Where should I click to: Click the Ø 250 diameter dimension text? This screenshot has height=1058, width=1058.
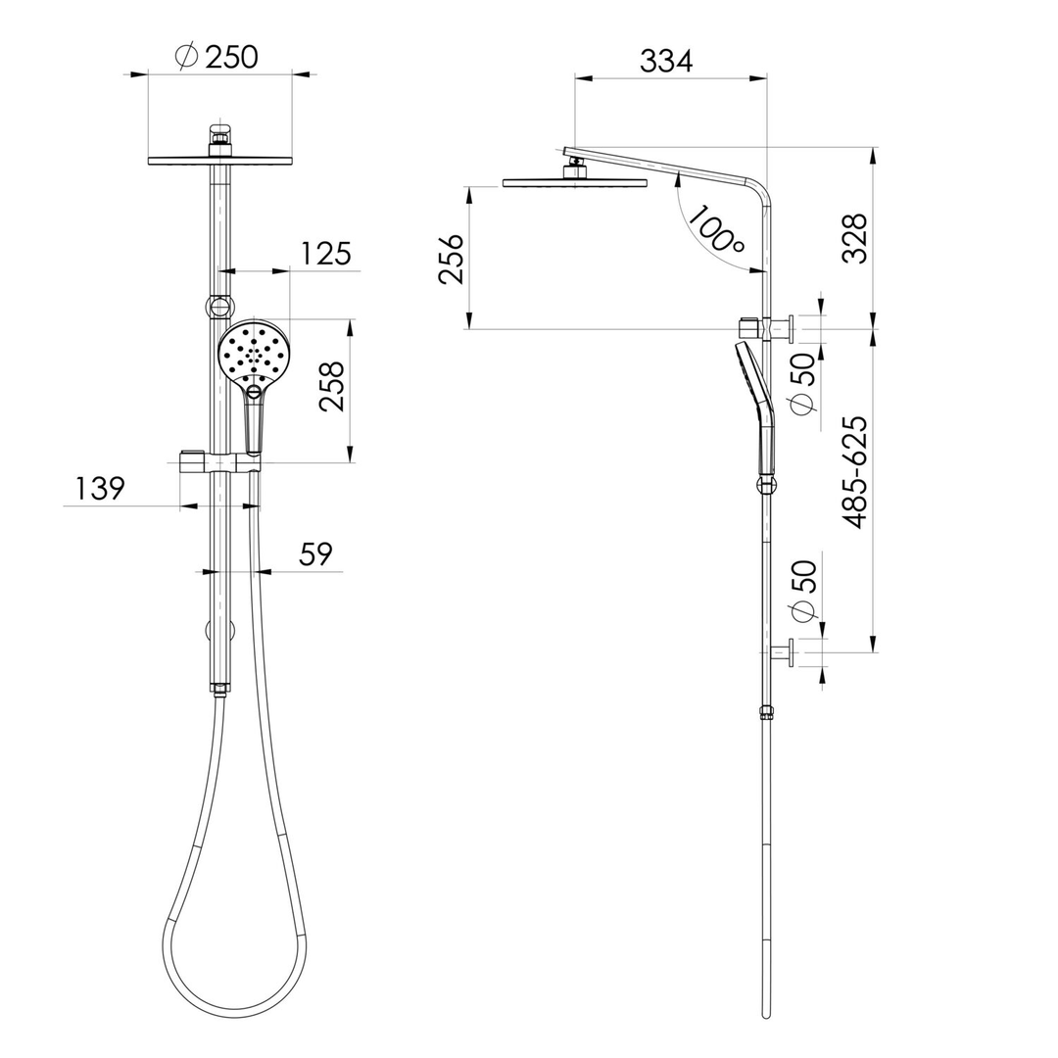[217, 57]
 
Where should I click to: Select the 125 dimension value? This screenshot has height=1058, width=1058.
[325, 254]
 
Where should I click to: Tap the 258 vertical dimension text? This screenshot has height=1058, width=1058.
[333, 387]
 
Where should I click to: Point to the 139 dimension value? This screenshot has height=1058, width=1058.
[99, 488]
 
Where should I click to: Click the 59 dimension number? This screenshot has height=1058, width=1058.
[315, 554]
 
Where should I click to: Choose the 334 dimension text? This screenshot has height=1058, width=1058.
[666, 61]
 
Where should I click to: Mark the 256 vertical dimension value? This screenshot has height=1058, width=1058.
[452, 259]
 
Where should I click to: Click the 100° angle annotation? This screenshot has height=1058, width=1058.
[716, 229]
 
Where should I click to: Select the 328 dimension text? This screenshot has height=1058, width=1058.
[855, 237]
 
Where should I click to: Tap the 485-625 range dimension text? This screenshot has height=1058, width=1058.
[855, 472]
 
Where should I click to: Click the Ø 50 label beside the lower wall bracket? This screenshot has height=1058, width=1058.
[803, 592]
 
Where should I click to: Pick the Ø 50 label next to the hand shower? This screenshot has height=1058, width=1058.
[803, 384]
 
